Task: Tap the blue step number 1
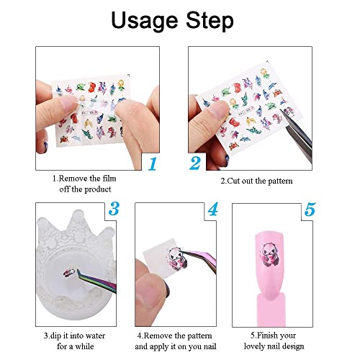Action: [x=152, y=163]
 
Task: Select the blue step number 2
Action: [x=195, y=163]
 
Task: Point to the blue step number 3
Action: [x=113, y=210]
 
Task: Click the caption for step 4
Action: [x=172, y=340]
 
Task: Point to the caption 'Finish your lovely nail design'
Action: [x=274, y=340]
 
